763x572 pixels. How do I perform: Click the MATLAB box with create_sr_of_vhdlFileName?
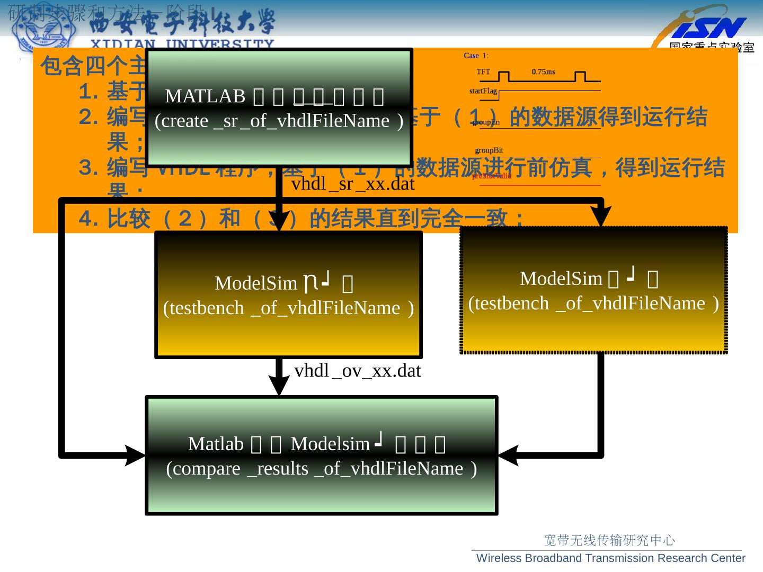point(279,108)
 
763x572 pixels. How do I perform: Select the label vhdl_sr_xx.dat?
point(353,184)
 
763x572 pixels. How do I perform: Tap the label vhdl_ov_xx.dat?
point(357,371)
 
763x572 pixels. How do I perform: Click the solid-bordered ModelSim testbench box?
point(288,294)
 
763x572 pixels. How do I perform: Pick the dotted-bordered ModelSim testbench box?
point(593,290)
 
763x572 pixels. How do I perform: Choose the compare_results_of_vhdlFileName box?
point(322,455)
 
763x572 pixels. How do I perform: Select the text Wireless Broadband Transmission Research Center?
point(611,558)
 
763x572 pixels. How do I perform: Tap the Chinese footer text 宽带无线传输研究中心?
point(610,540)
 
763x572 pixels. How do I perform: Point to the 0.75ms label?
point(543,71)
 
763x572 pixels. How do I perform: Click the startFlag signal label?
point(483,91)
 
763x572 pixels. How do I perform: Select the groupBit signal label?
point(489,150)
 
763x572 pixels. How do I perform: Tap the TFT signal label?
point(483,71)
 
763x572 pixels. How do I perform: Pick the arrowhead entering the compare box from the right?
point(508,454)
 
